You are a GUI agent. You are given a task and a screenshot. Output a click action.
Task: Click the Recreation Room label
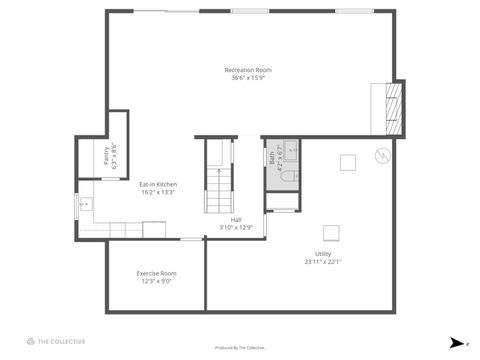[x=248, y=69]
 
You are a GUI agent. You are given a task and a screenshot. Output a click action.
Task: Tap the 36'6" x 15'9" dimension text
[x=248, y=77]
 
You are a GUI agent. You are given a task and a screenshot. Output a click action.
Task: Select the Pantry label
[x=106, y=156]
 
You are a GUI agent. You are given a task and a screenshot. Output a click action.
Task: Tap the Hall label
[x=236, y=219]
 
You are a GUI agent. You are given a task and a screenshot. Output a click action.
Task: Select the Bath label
[x=272, y=157]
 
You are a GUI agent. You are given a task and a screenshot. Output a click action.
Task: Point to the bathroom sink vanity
[x=293, y=151]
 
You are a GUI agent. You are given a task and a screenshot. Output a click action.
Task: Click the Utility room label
[x=323, y=255]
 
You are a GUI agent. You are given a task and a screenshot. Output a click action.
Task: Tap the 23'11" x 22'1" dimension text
[x=323, y=263]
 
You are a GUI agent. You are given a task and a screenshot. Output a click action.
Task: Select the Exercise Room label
[x=157, y=273]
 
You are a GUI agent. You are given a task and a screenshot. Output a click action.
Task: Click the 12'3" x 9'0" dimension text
[x=157, y=281]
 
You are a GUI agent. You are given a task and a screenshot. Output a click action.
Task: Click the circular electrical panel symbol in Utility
[x=382, y=155]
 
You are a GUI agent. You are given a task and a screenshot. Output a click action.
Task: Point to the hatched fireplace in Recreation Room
[x=396, y=106]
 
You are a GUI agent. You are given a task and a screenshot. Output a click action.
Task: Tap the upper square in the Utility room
[x=347, y=162]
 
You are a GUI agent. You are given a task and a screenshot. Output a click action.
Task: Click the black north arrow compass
[x=456, y=342]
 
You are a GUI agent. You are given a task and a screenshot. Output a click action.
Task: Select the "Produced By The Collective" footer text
[x=240, y=347]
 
